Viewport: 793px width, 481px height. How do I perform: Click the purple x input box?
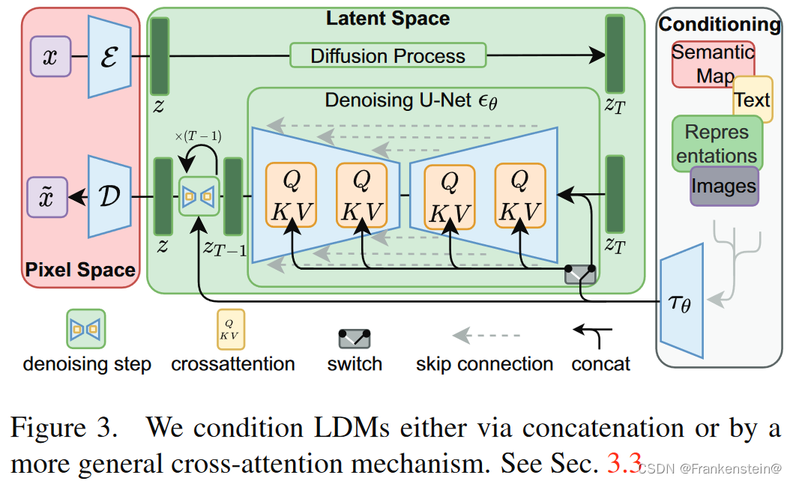pyautogui.click(x=50, y=57)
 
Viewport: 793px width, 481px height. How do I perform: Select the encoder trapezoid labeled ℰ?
pyautogui.click(x=109, y=57)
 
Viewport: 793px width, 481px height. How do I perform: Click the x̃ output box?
pyautogui.click(x=48, y=197)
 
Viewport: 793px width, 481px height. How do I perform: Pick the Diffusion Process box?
pyautogui.click(x=388, y=55)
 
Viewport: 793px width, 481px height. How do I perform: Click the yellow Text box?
pyautogui.click(x=752, y=100)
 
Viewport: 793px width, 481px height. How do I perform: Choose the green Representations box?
pyautogui.click(x=717, y=143)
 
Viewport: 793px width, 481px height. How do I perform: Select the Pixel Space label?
pyautogui.click(x=80, y=270)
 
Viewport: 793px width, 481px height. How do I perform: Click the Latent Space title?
pyautogui.click(x=388, y=19)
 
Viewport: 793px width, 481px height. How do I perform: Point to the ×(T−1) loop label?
pyautogui.click(x=198, y=136)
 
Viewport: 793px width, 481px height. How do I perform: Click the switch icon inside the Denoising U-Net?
pyautogui.click(x=580, y=273)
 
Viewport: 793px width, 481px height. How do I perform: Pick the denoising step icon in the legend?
pyautogui.click(x=86, y=329)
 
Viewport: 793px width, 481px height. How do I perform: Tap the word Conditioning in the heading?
pyautogui.click(x=719, y=24)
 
